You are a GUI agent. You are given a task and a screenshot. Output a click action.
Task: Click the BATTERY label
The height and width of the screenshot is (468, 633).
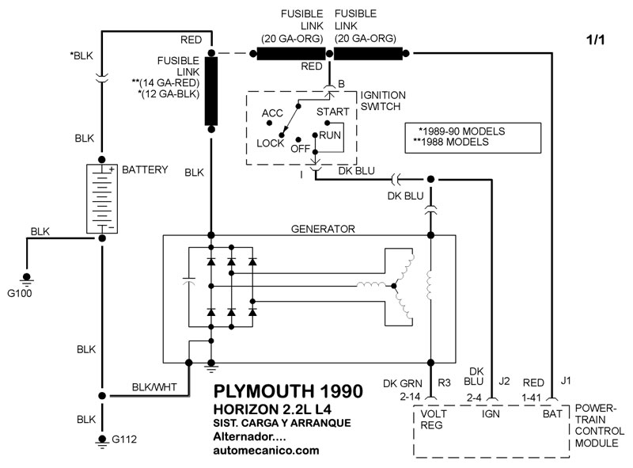point(145,170)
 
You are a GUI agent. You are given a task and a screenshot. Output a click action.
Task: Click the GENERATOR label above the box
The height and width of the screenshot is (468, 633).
point(324,229)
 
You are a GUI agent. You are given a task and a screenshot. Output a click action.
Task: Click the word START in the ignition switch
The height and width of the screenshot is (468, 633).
point(332,112)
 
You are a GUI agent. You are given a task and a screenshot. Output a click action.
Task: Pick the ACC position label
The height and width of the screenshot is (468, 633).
point(272,113)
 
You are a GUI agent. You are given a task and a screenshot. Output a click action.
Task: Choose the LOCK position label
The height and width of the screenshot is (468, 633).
point(270,143)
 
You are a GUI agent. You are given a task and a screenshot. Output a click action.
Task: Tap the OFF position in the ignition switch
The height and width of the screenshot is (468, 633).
point(300,148)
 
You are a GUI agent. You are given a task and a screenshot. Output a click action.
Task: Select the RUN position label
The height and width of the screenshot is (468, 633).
point(330,135)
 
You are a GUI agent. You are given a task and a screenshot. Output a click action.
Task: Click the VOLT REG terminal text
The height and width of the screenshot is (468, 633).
point(435,418)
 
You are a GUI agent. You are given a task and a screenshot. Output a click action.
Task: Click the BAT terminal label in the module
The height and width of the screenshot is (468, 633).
point(552,413)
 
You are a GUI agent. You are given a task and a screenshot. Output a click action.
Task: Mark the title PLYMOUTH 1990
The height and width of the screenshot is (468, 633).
point(289,391)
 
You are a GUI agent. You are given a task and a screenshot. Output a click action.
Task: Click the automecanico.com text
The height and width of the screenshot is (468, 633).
point(267,451)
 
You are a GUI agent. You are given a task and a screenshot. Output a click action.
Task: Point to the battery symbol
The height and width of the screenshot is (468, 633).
point(101,199)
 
